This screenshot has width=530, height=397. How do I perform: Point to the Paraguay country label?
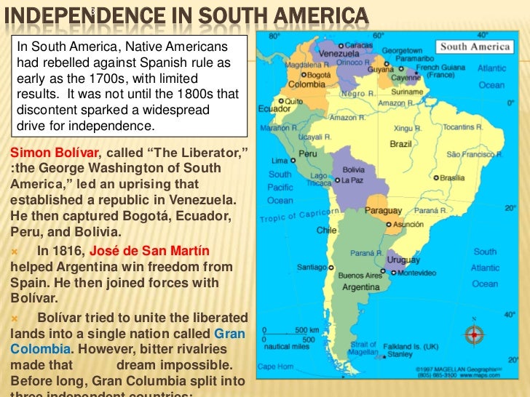click(x=383, y=210)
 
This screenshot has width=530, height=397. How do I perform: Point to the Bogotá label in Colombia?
click(x=318, y=74)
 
